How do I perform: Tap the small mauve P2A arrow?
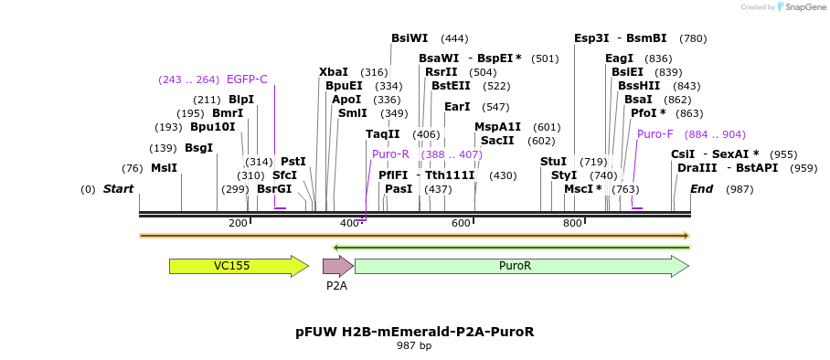pyautogui.click(x=337, y=266)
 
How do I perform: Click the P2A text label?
pyautogui.click(x=336, y=286)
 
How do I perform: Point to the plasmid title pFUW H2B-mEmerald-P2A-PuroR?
pyautogui.click(x=414, y=332)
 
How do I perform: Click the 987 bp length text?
pyautogui.click(x=414, y=346)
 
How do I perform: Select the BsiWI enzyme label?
pyautogui.click(x=410, y=38)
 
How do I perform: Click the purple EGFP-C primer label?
pyautogui.click(x=247, y=79)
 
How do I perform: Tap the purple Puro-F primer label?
pyautogui.click(x=655, y=134)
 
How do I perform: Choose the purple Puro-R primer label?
pyautogui.click(x=390, y=154)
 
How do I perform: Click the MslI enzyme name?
pyautogui.click(x=164, y=168)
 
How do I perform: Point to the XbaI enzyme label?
pyautogui.click(x=334, y=72)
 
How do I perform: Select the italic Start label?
pyautogui.click(x=118, y=189)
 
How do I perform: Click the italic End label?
pyautogui.click(x=701, y=189)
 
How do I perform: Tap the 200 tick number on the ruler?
pyautogui.click(x=238, y=224)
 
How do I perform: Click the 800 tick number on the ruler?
pyautogui.click(x=572, y=224)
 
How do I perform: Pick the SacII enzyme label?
pyautogui.click(x=497, y=141)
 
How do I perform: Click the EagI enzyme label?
pyautogui.click(x=619, y=58)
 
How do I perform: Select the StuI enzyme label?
pyautogui.click(x=553, y=162)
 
